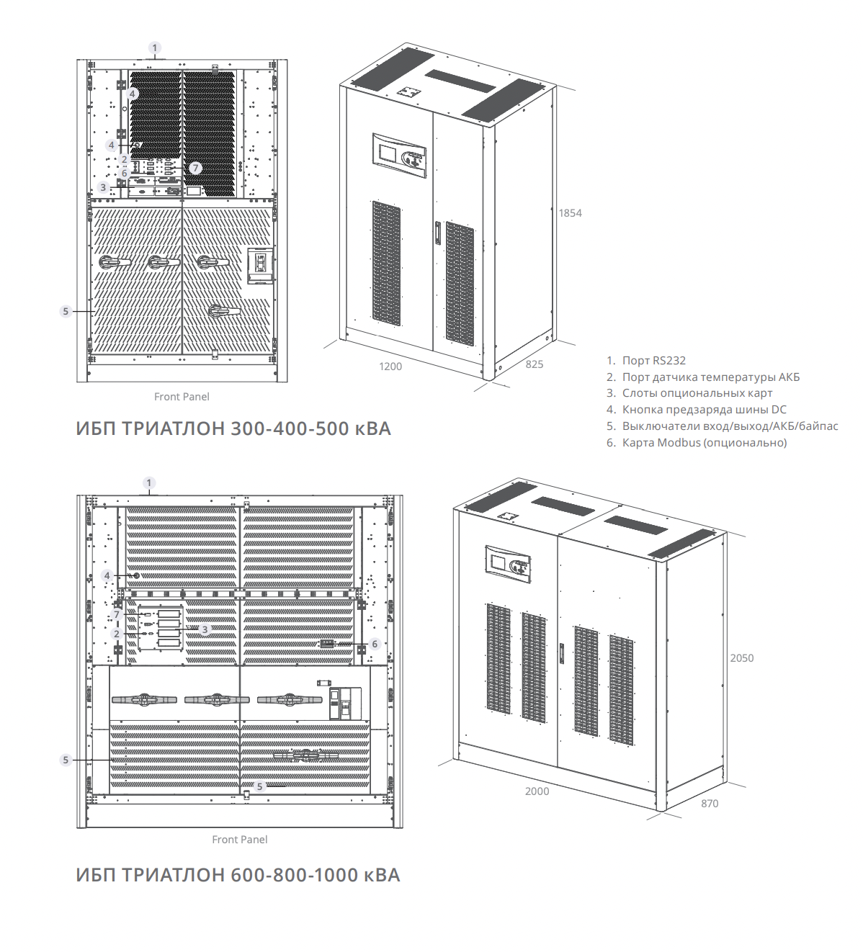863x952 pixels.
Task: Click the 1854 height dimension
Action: (x=570, y=213)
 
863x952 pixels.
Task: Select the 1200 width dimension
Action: (x=390, y=367)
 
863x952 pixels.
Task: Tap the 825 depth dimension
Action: (x=534, y=364)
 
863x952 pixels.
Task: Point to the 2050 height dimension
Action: (x=741, y=658)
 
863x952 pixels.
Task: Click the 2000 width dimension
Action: (x=537, y=791)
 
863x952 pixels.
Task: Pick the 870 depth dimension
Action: (x=710, y=804)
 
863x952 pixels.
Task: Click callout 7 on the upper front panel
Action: (x=195, y=168)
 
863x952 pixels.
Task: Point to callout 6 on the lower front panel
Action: (x=375, y=644)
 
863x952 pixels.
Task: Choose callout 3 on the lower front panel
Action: (x=205, y=629)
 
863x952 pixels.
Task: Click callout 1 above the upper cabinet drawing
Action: (x=155, y=48)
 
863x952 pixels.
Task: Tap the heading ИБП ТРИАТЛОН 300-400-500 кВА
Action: (x=233, y=429)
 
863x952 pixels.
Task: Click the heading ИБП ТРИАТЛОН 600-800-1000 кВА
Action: (x=238, y=876)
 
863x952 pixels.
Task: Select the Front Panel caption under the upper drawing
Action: (x=182, y=397)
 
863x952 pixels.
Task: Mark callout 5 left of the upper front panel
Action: (x=66, y=311)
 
